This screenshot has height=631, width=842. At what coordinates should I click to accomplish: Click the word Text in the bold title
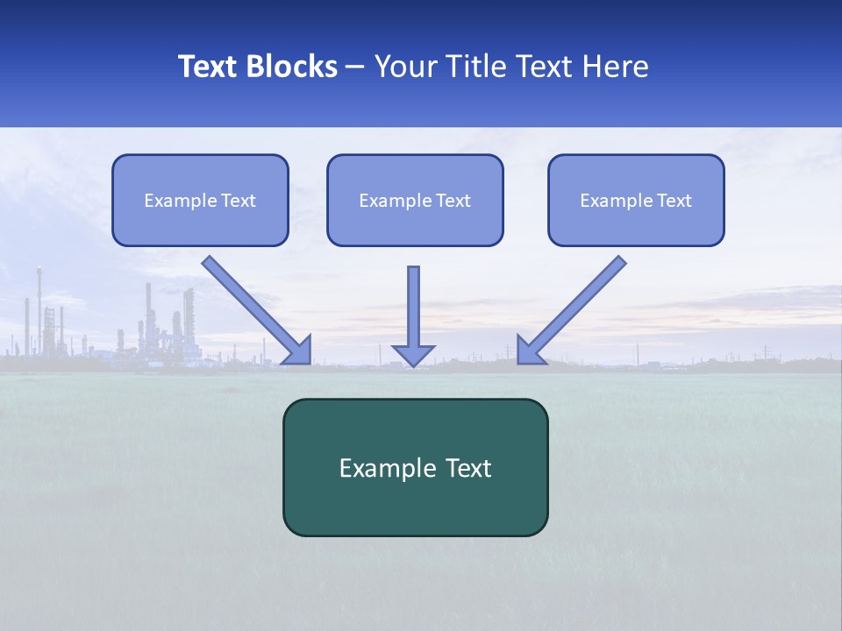click(207, 67)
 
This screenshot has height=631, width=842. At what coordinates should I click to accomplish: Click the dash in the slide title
click(356, 67)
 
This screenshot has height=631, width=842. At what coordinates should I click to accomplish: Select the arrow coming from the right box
click(579, 302)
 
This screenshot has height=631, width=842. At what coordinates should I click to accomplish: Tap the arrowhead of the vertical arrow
click(413, 355)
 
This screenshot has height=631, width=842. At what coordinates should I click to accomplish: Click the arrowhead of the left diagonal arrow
click(299, 351)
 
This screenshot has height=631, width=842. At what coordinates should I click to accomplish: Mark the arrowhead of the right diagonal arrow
click(529, 351)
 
